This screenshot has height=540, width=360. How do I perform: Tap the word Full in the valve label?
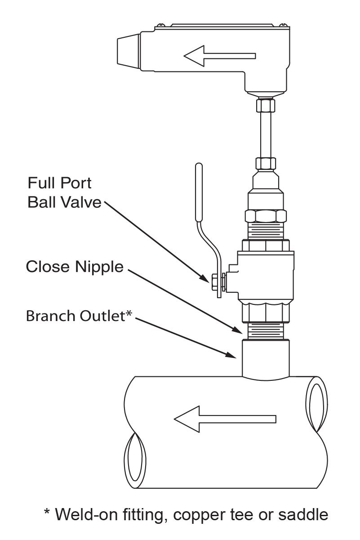(40, 183)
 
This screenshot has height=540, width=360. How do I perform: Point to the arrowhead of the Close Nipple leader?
(238, 330)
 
